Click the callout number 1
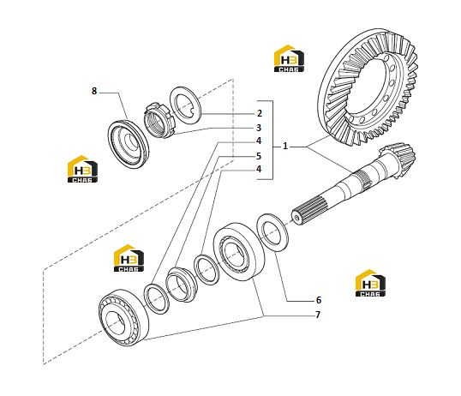(284, 146)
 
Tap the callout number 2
(259, 113)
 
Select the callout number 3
(259, 128)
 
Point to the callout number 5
(259, 156)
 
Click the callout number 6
(319, 300)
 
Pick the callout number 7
(318, 315)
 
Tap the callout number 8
(94, 91)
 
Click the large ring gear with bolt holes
(368, 87)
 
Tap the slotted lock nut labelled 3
(159, 120)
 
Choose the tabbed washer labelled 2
(186, 105)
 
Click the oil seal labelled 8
(129, 145)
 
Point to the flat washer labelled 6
(272, 233)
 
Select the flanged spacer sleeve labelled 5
(181, 285)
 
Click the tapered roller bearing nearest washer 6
(239, 251)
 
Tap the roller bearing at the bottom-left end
(123, 318)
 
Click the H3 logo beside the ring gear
(289, 58)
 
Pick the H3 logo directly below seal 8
(82, 169)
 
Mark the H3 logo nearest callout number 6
(370, 283)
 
